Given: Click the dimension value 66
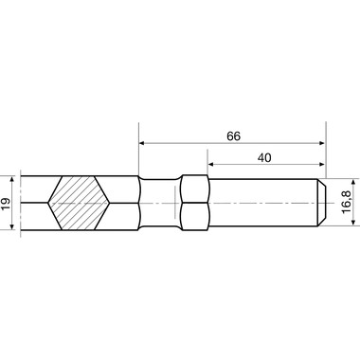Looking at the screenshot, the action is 234,136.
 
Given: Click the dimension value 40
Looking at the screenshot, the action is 264,157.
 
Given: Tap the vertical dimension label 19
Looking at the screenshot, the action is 6,203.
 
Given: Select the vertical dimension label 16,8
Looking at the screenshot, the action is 347,202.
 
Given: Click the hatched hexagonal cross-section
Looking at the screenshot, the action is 79,203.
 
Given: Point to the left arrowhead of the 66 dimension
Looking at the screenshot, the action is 142,143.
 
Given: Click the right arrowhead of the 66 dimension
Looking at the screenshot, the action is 322,143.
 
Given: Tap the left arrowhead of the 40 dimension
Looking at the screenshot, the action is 210,164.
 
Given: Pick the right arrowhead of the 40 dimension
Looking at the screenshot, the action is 322,164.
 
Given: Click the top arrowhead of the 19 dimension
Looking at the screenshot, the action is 12,179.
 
